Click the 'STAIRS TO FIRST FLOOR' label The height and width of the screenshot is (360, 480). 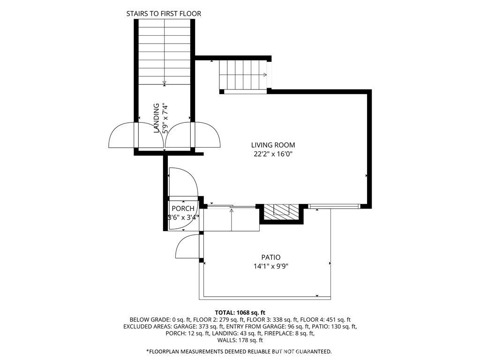click(x=164, y=14)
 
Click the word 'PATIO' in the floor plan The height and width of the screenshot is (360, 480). click(x=270, y=257)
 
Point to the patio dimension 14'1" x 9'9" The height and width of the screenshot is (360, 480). click(x=270, y=266)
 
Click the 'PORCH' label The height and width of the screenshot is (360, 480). click(x=183, y=209)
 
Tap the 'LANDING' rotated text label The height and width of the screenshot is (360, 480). click(x=157, y=119)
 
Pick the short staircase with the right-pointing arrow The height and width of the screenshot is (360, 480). click(x=243, y=75)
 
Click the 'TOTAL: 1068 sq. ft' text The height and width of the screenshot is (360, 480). click(x=240, y=312)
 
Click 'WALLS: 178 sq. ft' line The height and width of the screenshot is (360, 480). click(x=240, y=340)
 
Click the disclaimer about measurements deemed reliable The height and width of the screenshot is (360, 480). click(x=240, y=351)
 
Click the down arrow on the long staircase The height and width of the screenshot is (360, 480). click(x=164, y=83)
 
